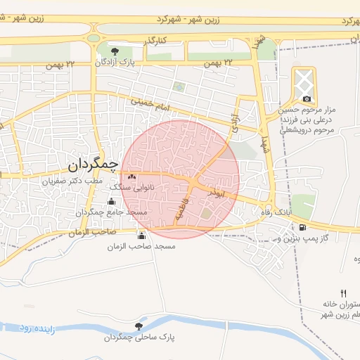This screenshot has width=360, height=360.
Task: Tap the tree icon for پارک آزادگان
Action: pos(116,51)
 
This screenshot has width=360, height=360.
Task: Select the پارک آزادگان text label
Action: pos(115,63)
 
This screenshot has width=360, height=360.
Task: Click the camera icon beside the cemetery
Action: pos(307,98)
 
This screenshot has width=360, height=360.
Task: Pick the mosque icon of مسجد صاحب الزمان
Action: pos(142,236)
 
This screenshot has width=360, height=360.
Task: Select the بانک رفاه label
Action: pos(276,212)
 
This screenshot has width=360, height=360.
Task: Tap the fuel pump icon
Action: pos(302,227)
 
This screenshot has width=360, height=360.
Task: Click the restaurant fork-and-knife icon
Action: pos(343,292)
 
